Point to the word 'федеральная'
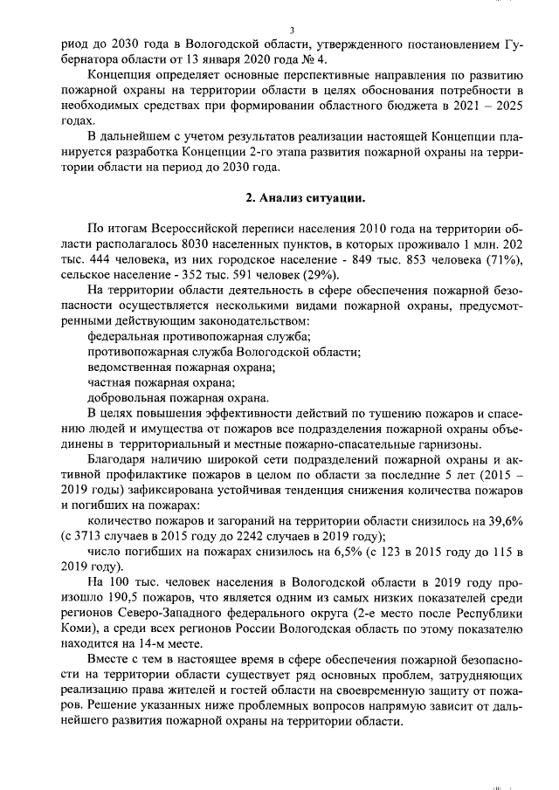pos(123,337)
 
